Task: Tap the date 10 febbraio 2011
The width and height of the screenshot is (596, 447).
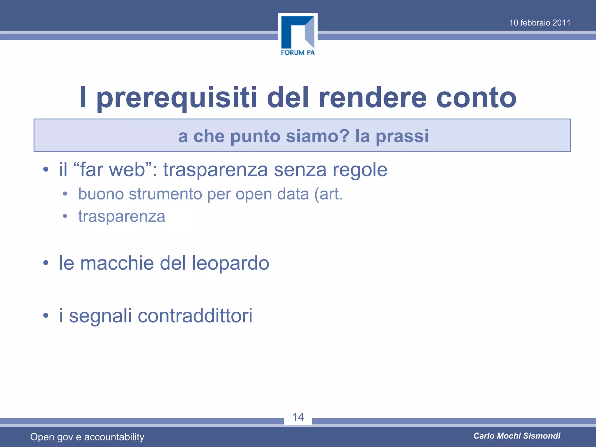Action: point(540,23)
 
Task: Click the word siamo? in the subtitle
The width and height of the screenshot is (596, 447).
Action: point(317,136)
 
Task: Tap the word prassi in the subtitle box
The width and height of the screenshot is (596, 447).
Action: point(402,136)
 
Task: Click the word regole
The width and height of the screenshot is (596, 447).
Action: point(360,170)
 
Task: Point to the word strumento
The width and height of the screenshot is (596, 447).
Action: point(165,194)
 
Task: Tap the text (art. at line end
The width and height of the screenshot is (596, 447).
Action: point(329,194)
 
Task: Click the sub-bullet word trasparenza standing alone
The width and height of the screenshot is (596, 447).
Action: point(122,216)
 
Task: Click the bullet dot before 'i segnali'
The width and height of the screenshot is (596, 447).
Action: point(46,316)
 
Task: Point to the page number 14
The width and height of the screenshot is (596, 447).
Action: point(298,417)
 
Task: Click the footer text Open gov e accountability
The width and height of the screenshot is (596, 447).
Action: point(87,437)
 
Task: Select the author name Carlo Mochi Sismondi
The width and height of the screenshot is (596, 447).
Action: point(517,436)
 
